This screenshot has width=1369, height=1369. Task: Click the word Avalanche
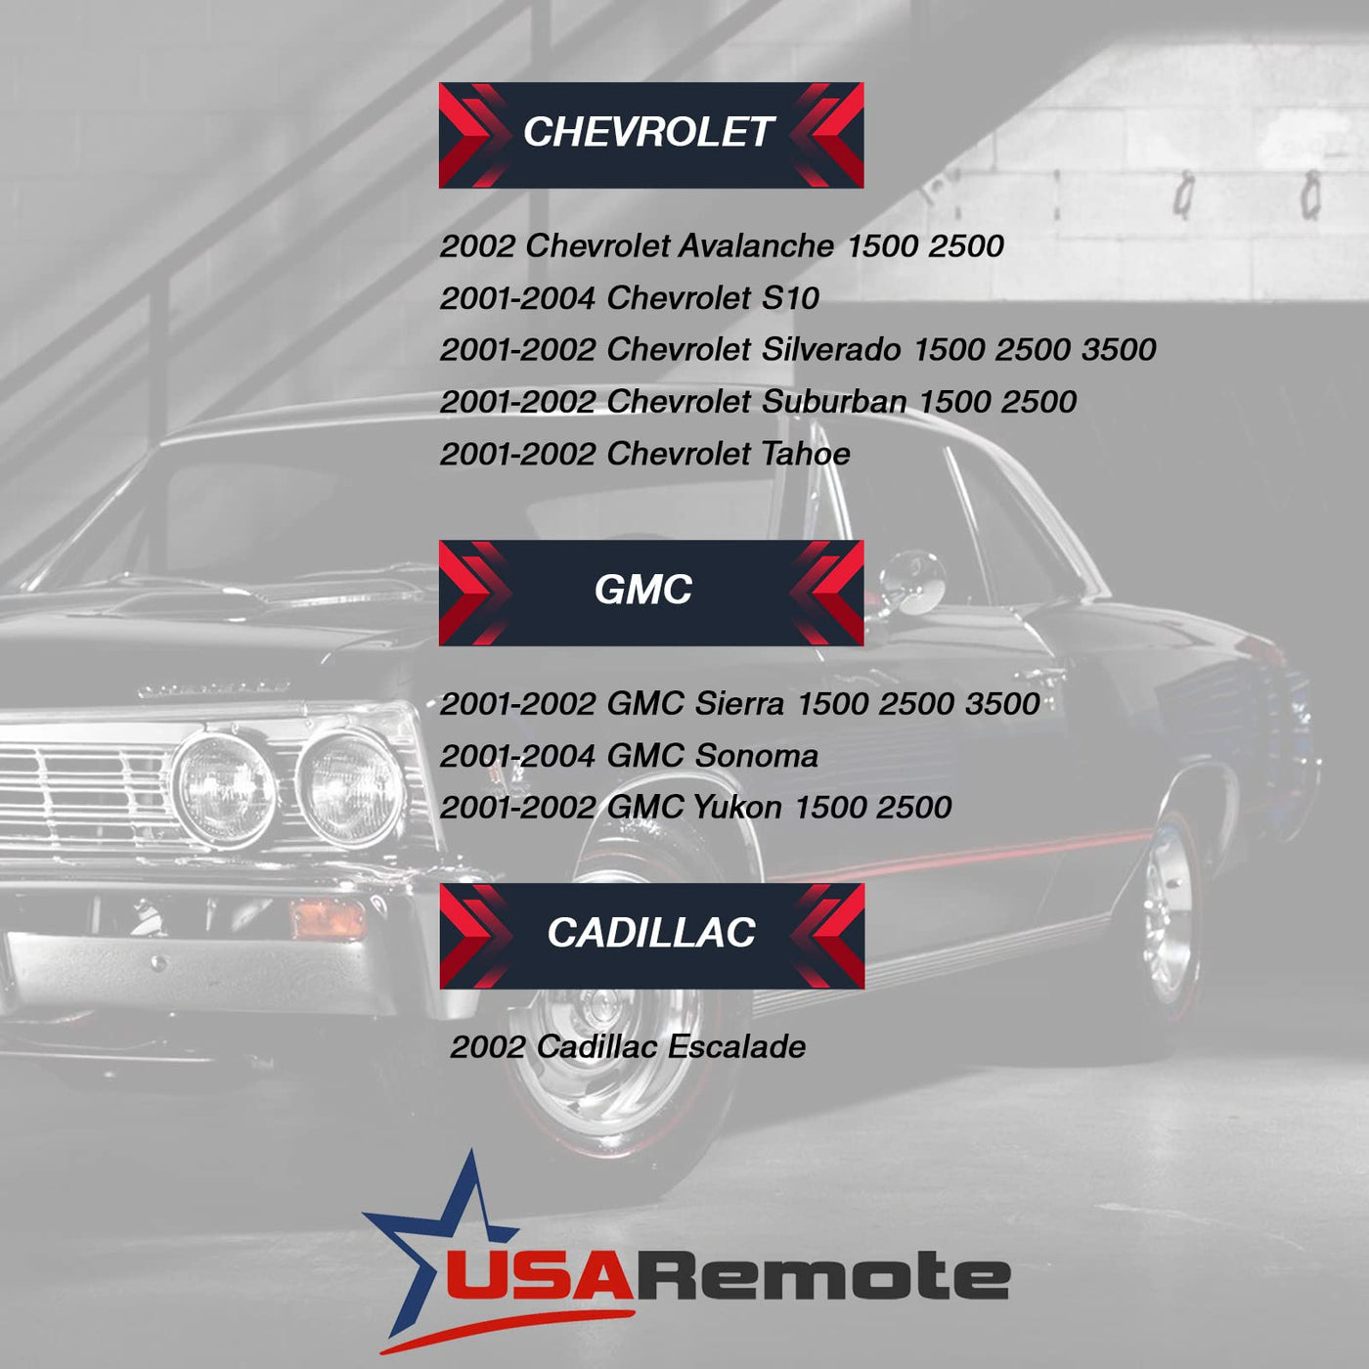pyautogui.click(x=756, y=245)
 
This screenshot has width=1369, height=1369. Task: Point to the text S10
pyautogui.click(x=790, y=297)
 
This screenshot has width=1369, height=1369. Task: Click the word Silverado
pyautogui.click(x=830, y=349)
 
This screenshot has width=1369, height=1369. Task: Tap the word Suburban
pyautogui.click(x=834, y=401)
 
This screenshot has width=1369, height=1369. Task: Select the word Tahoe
pyautogui.click(x=806, y=454)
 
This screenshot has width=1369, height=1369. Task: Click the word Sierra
pyautogui.click(x=739, y=703)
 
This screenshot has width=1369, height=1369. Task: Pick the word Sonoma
pyautogui.click(x=756, y=755)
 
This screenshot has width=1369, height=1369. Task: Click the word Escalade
pyautogui.click(x=736, y=1046)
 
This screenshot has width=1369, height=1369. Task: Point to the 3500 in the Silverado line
pyautogui.click(x=1119, y=349)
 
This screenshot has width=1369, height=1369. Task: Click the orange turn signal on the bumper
pyautogui.click(x=329, y=918)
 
